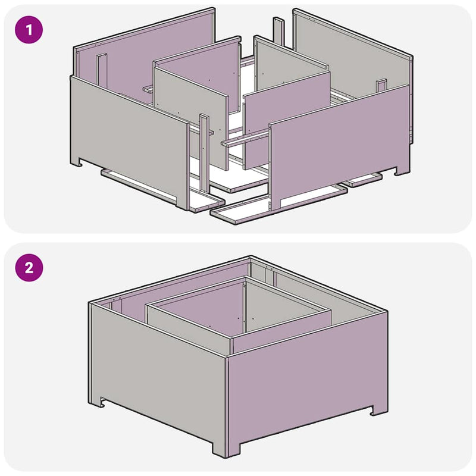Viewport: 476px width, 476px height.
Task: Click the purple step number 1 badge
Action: [29, 30]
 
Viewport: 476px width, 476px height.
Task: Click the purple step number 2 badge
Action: [29, 268]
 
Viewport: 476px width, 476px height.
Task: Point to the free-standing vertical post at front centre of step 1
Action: [204, 154]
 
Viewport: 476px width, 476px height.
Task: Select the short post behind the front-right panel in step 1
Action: [381, 86]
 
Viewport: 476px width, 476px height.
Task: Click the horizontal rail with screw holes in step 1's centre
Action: [246, 138]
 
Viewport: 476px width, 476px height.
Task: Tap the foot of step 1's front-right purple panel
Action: [402, 170]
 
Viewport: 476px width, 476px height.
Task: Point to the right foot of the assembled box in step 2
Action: [379, 410]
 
